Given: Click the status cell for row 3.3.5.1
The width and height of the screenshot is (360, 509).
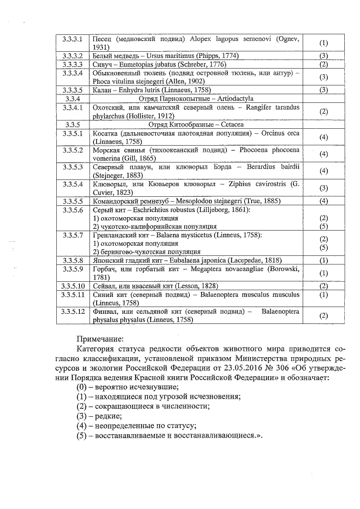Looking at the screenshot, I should click(323, 137).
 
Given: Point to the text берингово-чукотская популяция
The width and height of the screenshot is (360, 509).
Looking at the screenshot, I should click(146, 251).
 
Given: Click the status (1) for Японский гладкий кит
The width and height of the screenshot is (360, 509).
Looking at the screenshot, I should click(323, 260).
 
